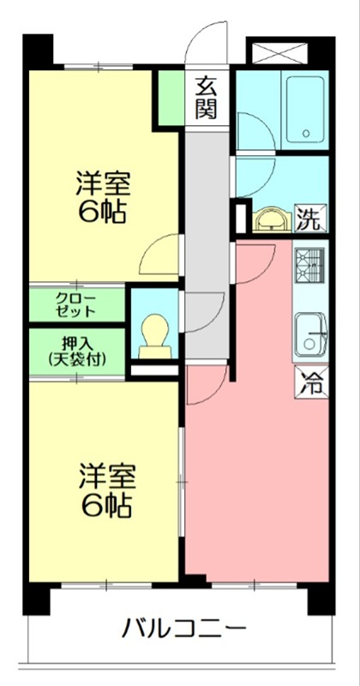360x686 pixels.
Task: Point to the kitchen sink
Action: click(x=310, y=333)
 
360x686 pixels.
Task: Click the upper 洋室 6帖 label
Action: click(x=102, y=197)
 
